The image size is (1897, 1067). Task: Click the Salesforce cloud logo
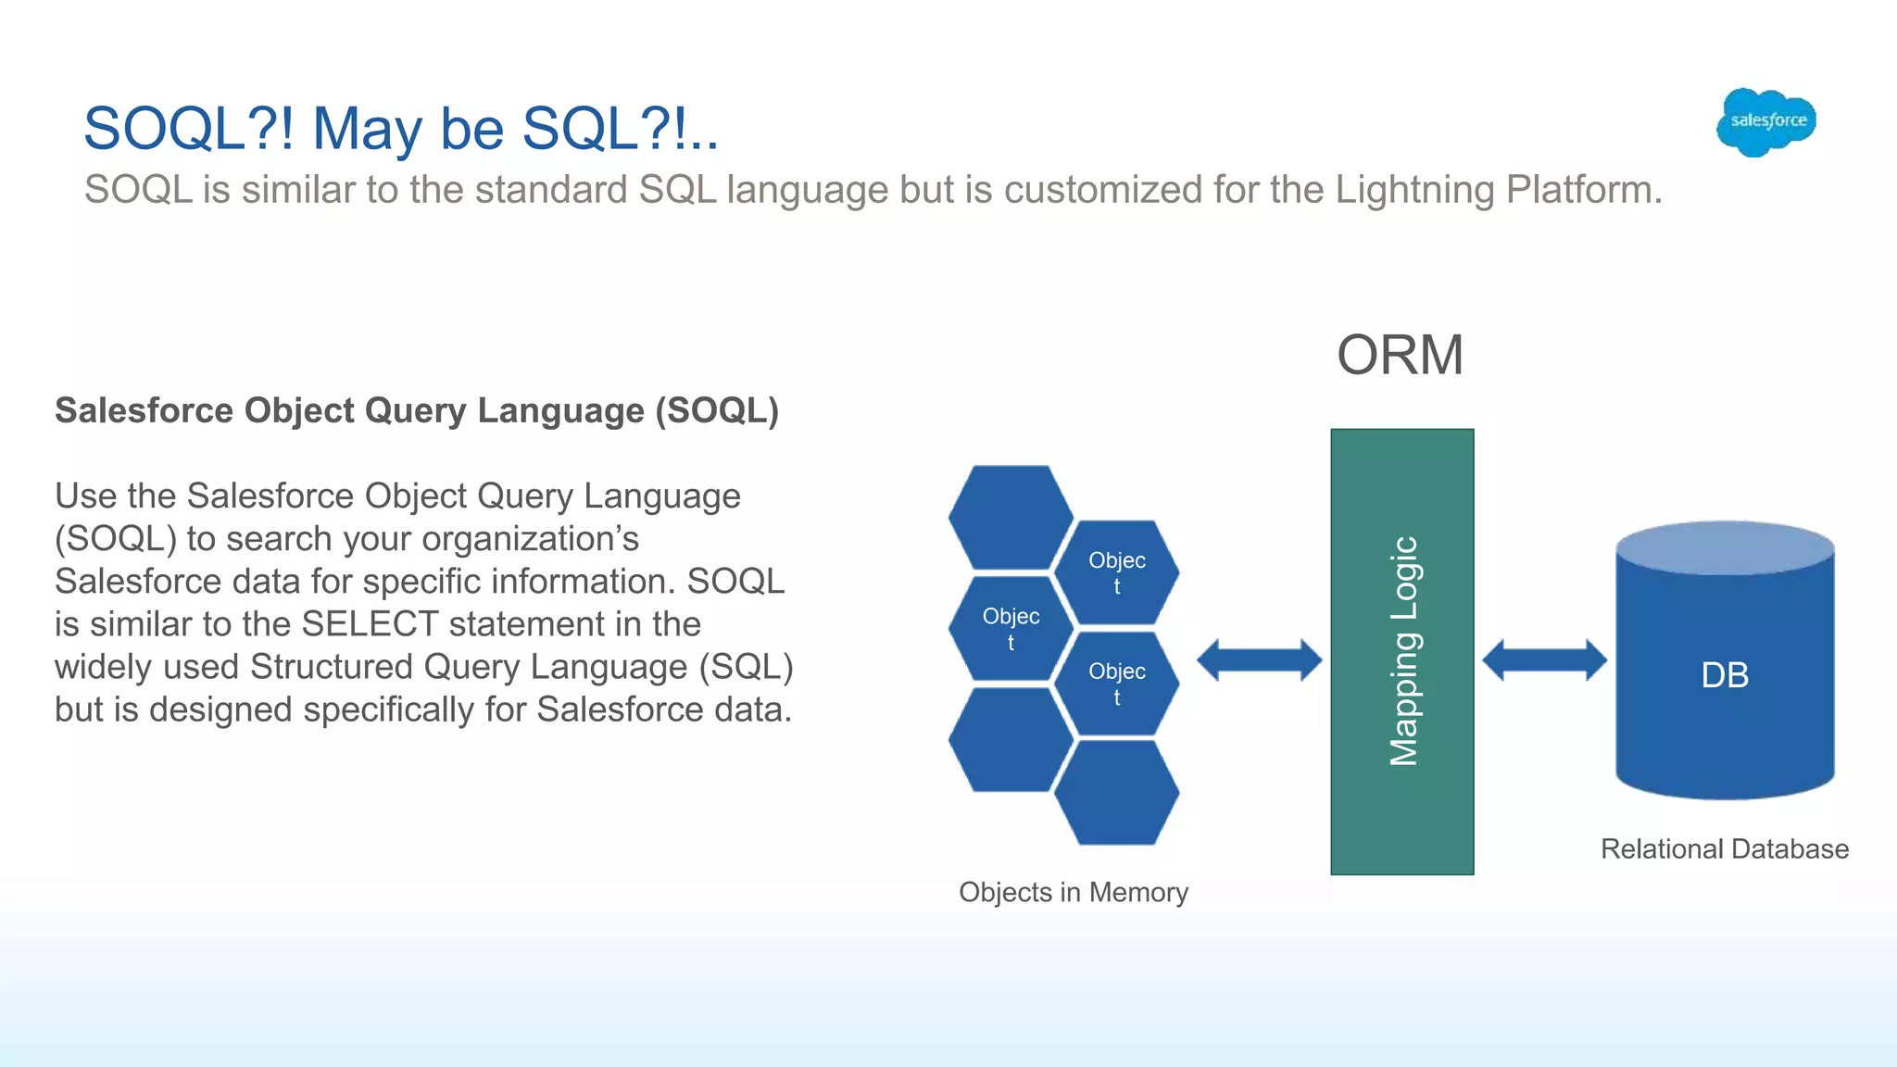(1766, 121)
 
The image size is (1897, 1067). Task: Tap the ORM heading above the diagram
(1400, 355)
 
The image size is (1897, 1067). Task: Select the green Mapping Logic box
(1401, 651)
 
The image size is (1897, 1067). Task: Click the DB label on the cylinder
(1725, 675)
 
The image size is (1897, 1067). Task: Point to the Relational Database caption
(1724, 848)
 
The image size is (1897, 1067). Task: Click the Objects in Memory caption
(1073, 892)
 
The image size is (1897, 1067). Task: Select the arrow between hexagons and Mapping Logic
(1259, 660)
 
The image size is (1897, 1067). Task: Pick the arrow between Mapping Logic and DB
(1544, 660)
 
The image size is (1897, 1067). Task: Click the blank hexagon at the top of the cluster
(1011, 517)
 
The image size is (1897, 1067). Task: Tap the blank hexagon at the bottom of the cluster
(1116, 793)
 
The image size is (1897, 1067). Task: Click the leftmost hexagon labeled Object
(1011, 628)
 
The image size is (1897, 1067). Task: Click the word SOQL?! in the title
(189, 128)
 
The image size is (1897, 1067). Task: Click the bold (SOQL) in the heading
(717, 410)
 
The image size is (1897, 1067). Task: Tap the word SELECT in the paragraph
(370, 624)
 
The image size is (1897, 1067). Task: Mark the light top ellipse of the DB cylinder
(1725, 547)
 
